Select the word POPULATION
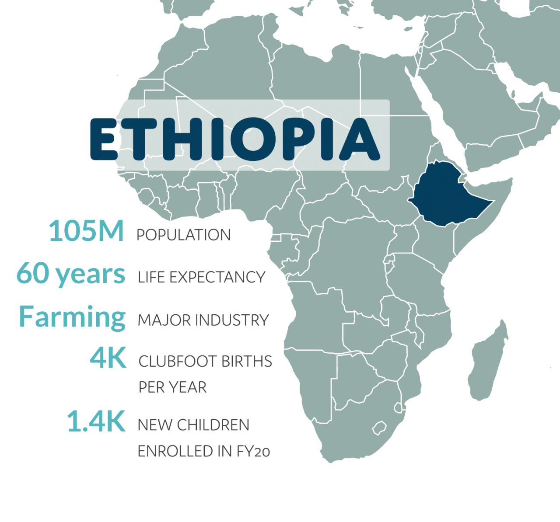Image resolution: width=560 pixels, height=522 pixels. pyautogui.click(x=183, y=235)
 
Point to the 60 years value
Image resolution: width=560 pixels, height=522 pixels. pyautogui.click(x=71, y=274)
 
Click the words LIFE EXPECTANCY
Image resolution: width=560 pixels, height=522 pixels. pyautogui.click(x=201, y=277)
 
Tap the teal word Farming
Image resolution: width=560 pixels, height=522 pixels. pyautogui.click(x=72, y=317)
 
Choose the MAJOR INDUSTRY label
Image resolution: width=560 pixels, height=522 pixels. pyautogui.click(x=203, y=320)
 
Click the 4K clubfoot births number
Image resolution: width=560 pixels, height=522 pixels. pyautogui.click(x=108, y=358)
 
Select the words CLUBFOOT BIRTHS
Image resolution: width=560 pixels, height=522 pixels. pyautogui.click(x=205, y=362)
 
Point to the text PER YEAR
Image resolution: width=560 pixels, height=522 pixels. pyautogui.click(x=172, y=387)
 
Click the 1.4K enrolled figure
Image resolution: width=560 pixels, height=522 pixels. pyautogui.click(x=96, y=421)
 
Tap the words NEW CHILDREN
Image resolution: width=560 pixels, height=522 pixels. pyautogui.click(x=193, y=425)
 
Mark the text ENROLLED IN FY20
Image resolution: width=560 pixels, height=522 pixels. pyautogui.click(x=203, y=451)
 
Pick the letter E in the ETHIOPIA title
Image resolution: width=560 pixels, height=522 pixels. pyautogui.click(x=105, y=139)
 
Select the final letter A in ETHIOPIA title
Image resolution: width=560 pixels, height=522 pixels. pyautogui.click(x=358, y=139)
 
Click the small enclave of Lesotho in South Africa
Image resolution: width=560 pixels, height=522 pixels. pyautogui.click(x=379, y=427)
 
